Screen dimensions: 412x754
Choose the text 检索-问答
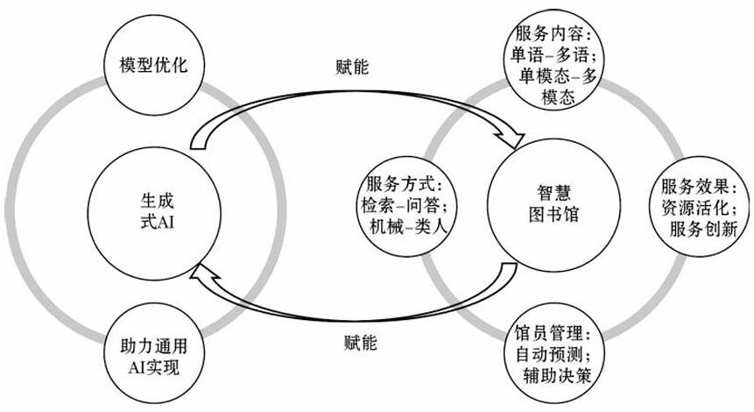tap(405, 204)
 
